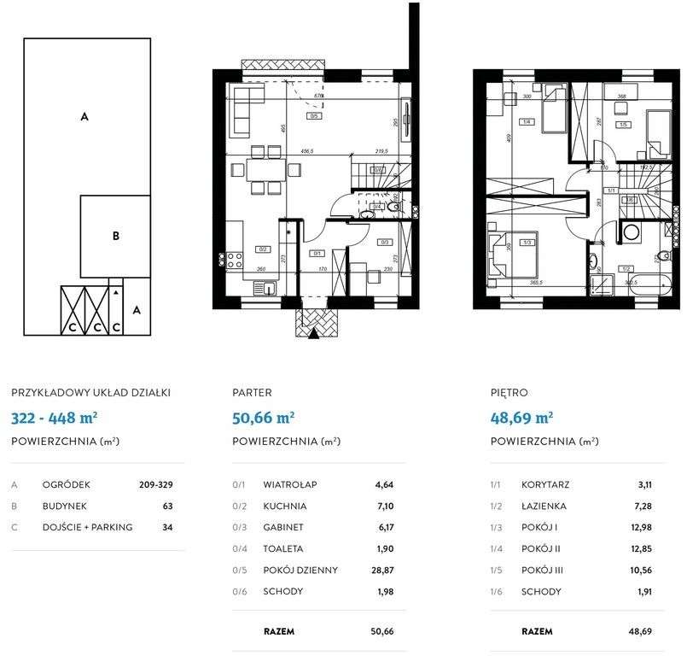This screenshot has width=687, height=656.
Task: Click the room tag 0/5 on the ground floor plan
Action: tap(315, 116)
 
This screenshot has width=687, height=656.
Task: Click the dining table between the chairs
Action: tap(263, 166)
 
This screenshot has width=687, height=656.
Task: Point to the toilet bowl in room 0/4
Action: tap(394, 206)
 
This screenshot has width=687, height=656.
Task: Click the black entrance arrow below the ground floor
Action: tap(314, 336)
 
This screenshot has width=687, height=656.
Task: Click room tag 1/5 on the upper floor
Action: tap(623, 126)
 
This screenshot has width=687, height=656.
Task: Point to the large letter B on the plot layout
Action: tap(115, 237)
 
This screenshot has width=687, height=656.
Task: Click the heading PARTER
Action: tap(252, 393)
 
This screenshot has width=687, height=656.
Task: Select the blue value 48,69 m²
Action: tap(521, 418)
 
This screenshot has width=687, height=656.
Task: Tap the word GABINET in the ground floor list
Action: tap(282, 527)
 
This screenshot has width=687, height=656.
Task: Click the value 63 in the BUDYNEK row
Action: tap(167, 506)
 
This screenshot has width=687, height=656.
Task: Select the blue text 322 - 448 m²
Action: tap(53, 418)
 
